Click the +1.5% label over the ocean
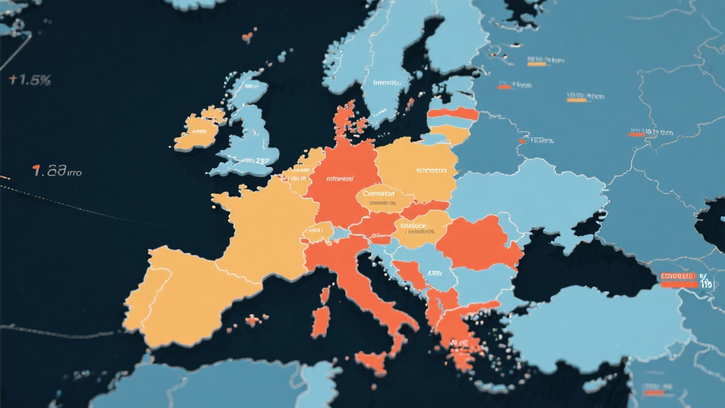[29, 80]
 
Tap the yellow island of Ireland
[198, 131]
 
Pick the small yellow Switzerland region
[317, 232]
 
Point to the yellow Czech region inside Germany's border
[384, 197]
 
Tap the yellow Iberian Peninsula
[181, 295]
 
